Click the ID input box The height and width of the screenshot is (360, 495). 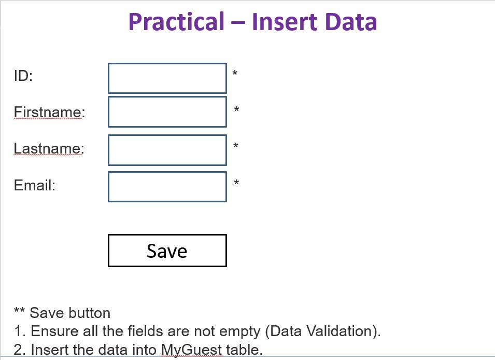pyautogui.click(x=167, y=78)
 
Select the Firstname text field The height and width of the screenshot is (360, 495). pyautogui.click(x=167, y=112)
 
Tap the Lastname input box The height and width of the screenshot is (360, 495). pyautogui.click(x=167, y=150)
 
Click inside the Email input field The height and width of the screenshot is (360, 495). pyautogui.click(x=167, y=186)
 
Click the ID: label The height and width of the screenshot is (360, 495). pyautogui.click(x=23, y=76)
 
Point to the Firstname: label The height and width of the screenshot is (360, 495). pyautogui.click(x=50, y=112)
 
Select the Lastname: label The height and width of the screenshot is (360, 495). pyautogui.click(x=49, y=148)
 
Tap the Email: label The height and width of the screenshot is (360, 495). pyautogui.click(x=35, y=185)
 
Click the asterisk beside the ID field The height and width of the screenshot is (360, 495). pyautogui.click(x=235, y=73)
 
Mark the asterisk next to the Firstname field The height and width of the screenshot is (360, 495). pyautogui.click(x=236, y=109)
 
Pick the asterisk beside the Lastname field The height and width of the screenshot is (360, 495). pyautogui.click(x=235, y=146)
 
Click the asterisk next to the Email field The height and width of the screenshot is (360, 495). pyautogui.click(x=236, y=183)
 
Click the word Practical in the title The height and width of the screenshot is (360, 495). pyautogui.click(x=176, y=22)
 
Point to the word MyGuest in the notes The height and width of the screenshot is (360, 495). pyautogui.click(x=192, y=350)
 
